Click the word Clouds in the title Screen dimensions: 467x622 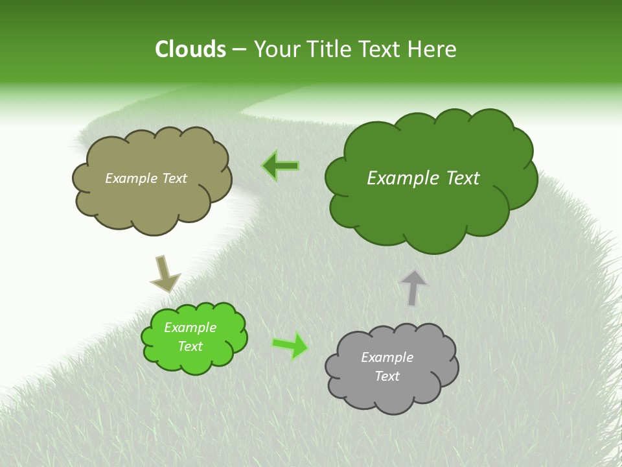(190, 49)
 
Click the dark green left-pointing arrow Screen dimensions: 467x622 (281, 166)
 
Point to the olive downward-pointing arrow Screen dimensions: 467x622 (165, 274)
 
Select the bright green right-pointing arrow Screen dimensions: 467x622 (290, 345)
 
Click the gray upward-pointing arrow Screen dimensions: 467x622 (413, 287)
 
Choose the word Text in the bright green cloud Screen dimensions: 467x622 (190, 346)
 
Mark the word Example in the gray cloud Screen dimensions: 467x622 (387, 357)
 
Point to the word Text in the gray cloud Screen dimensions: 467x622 (387, 376)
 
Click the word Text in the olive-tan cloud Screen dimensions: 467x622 (173, 178)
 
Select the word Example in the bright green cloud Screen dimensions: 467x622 (190, 328)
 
